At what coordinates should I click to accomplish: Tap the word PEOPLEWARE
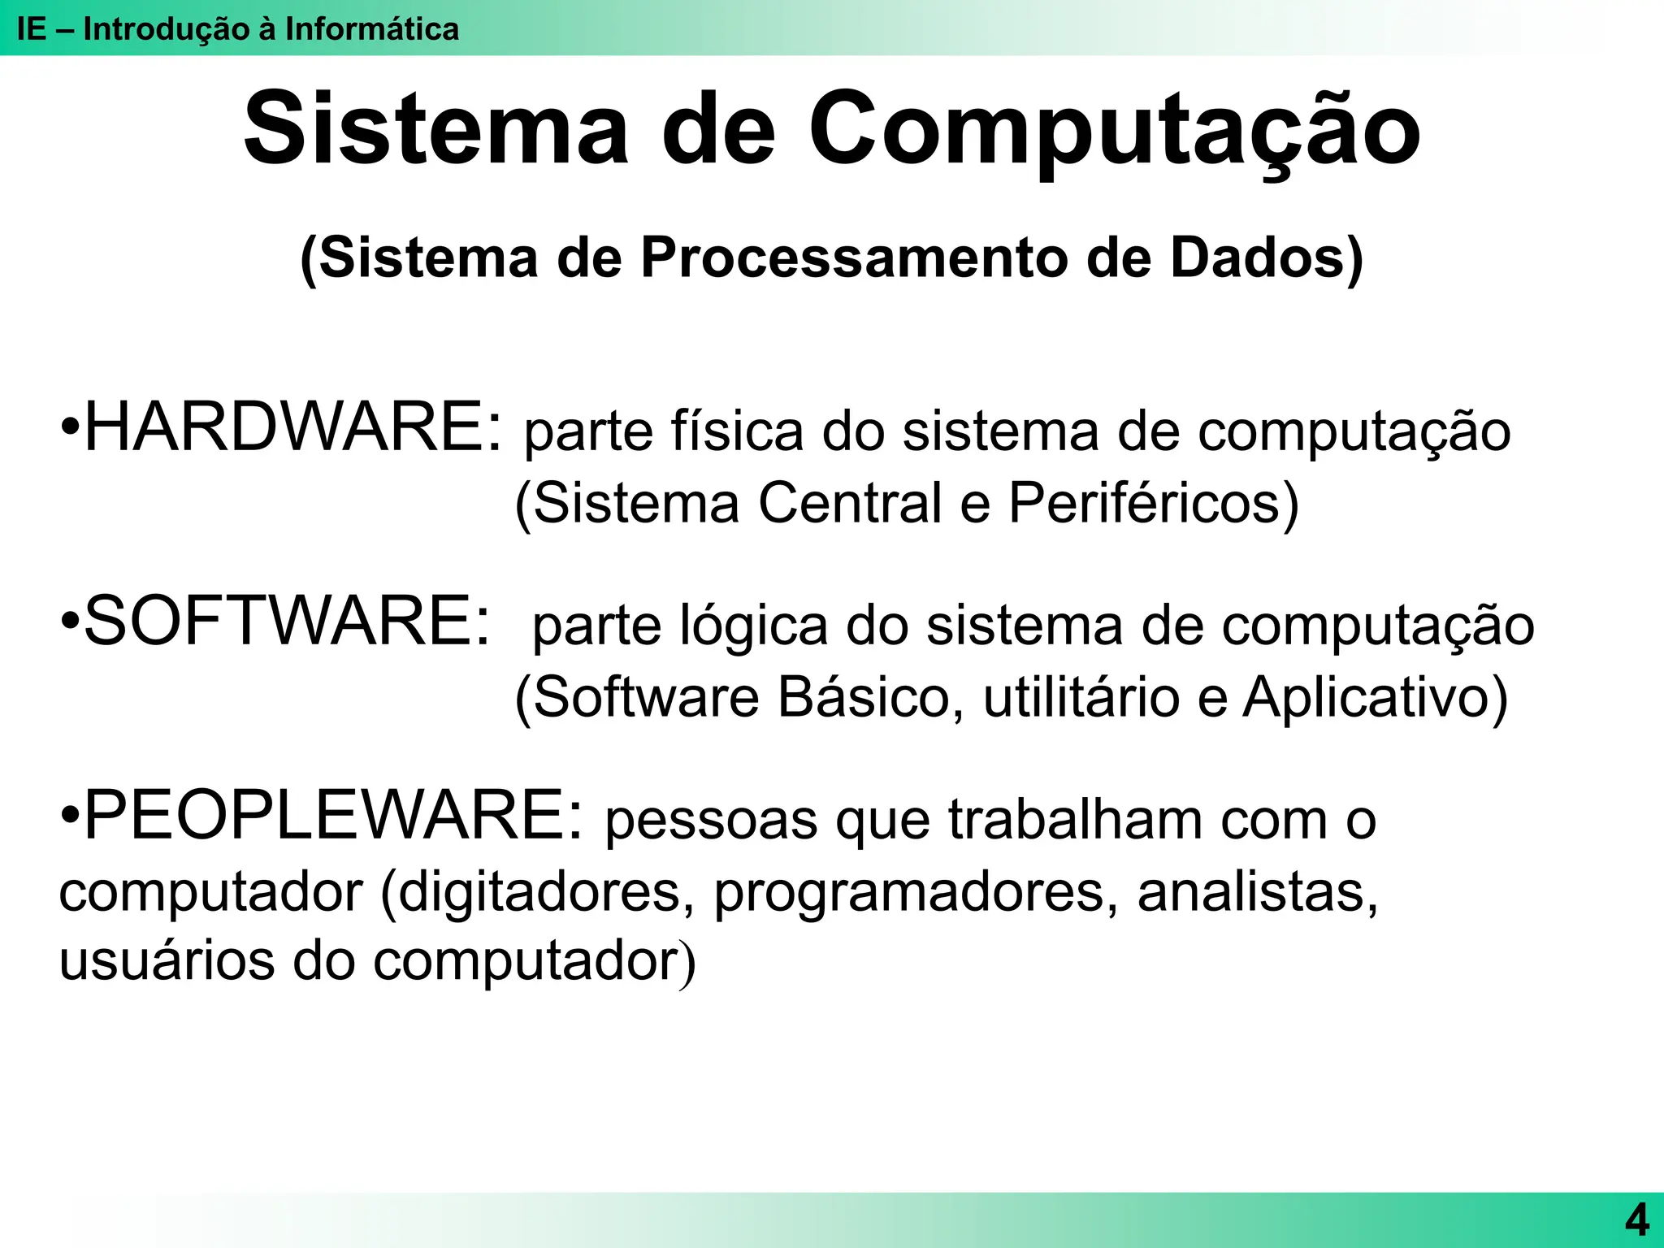tap(329, 816)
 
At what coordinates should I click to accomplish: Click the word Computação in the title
tap(1114, 130)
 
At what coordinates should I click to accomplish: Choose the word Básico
tap(863, 697)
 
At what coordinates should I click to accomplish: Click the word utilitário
tap(1081, 697)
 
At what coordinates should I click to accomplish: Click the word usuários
tap(167, 960)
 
